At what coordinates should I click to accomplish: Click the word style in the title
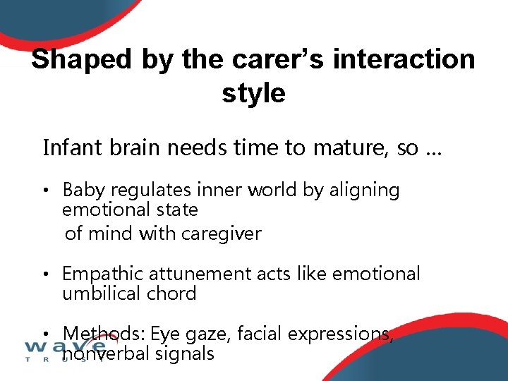click(x=253, y=93)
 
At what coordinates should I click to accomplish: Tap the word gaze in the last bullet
click(x=209, y=334)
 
